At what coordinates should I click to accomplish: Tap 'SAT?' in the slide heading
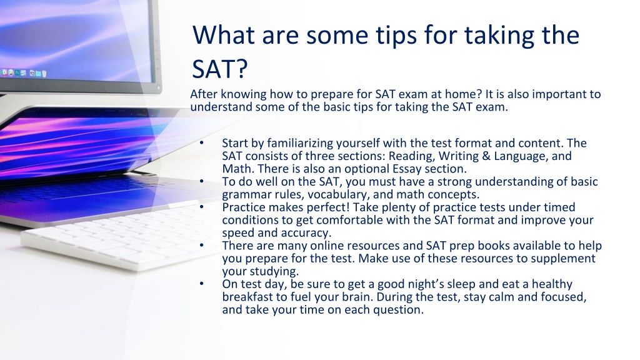(x=219, y=69)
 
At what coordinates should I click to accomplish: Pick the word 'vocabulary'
(x=338, y=194)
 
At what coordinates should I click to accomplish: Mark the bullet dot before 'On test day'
(x=202, y=284)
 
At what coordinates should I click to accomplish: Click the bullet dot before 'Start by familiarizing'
(x=202, y=143)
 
